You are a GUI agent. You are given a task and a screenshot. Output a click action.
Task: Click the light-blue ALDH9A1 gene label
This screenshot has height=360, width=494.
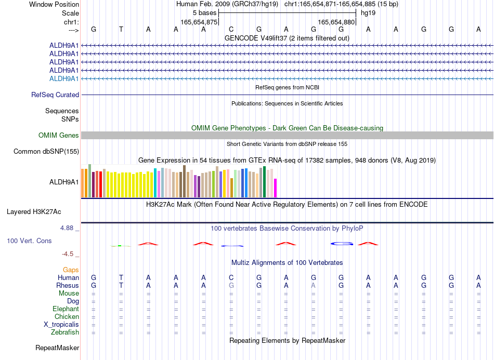click(x=64, y=78)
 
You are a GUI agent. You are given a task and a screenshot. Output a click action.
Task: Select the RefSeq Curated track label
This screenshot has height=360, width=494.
click(x=55, y=95)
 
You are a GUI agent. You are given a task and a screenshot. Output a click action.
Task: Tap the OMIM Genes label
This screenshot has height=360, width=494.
click(x=59, y=135)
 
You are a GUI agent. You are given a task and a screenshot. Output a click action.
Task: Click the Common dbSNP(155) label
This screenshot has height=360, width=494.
click(x=46, y=151)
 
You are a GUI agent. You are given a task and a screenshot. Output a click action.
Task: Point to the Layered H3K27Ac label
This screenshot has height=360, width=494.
click(x=34, y=212)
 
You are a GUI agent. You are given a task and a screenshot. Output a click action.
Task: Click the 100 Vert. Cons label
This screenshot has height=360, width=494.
click(x=29, y=241)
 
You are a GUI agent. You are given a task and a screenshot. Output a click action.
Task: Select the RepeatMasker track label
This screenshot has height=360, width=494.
click(x=57, y=348)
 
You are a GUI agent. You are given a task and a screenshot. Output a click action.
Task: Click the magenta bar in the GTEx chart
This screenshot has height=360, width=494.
click(x=276, y=188)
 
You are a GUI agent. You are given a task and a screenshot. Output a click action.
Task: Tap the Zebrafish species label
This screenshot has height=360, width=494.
click(x=65, y=332)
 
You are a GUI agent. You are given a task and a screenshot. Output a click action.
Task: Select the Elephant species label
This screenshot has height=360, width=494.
click(x=66, y=309)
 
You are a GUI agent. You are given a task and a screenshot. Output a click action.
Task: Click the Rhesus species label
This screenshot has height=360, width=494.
click(x=68, y=285)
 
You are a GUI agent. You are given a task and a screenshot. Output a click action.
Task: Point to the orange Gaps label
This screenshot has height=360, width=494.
click(x=71, y=270)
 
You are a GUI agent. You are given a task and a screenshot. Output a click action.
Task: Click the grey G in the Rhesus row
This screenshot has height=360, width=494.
click(x=231, y=285)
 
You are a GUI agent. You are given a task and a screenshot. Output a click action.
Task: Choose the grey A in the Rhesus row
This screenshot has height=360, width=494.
click(x=313, y=285)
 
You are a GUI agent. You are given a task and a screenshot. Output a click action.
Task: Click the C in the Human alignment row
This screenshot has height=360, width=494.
click(x=231, y=277)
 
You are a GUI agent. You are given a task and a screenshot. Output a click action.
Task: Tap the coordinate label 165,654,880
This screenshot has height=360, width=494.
click(x=336, y=22)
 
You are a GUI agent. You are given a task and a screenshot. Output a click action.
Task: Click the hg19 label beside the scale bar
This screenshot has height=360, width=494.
click(x=368, y=13)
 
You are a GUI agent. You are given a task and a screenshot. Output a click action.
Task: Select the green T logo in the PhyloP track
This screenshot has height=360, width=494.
click(x=121, y=246)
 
